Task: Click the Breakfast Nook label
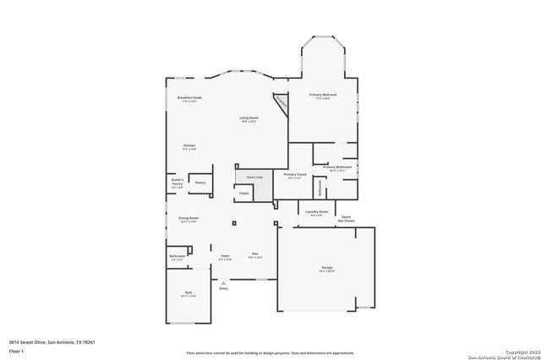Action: click(x=189, y=98)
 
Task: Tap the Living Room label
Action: click(x=249, y=118)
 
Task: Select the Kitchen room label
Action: click(x=189, y=145)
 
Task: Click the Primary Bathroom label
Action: click(x=337, y=167)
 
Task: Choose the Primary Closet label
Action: click(x=295, y=175)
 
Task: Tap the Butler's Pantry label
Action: click(x=178, y=181)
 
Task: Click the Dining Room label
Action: click(x=188, y=218)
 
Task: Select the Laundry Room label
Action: click(x=316, y=212)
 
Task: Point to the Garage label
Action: click(x=326, y=267)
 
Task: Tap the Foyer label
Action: click(x=225, y=255)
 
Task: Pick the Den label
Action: click(x=254, y=255)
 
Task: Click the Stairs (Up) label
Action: click(x=254, y=177)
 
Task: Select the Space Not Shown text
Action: click(x=347, y=219)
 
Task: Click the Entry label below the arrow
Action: click(x=224, y=289)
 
